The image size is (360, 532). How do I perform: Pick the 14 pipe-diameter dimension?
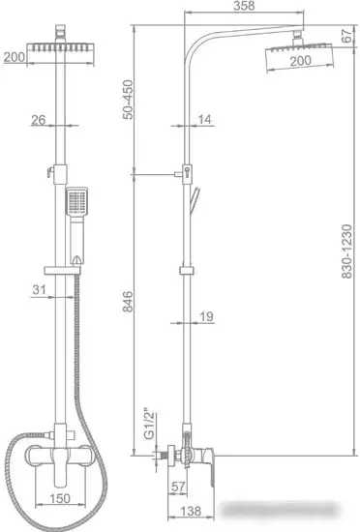[x=206, y=120]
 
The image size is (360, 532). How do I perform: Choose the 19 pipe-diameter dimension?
[x=208, y=316]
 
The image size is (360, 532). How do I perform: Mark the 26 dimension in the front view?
[x=38, y=121]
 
